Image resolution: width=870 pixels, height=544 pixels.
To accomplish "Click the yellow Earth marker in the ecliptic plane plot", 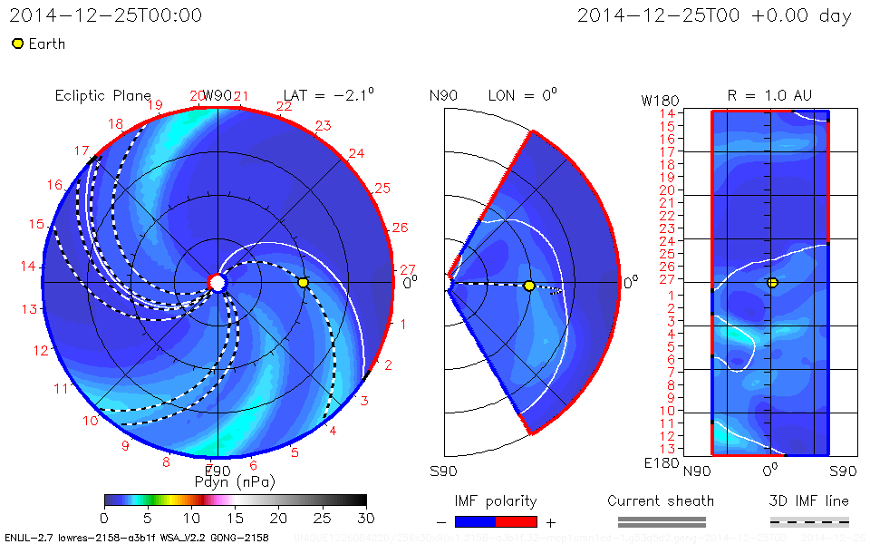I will point(304,283).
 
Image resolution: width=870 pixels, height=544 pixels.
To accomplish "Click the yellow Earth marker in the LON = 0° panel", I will point(529,287).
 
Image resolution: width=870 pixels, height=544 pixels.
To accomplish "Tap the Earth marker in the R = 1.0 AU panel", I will point(772,283).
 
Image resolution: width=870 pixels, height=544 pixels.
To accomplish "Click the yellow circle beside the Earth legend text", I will point(17,44).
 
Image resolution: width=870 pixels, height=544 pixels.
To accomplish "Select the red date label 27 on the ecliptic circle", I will point(408,269).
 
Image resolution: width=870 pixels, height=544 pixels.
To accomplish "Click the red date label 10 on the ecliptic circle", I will point(91,421).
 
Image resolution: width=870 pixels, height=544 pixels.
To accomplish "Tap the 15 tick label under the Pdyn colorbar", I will point(236,517).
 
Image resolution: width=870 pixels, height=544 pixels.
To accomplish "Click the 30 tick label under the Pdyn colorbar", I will point(366,517).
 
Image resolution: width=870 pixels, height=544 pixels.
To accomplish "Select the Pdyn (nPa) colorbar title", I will point(234,481).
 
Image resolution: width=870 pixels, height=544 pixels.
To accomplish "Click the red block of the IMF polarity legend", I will point(517,522).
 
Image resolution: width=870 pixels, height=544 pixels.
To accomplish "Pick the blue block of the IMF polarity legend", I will point(475,522).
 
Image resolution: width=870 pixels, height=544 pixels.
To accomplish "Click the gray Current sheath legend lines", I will point(662,522).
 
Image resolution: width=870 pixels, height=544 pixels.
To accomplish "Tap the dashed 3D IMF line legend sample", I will point(809,522).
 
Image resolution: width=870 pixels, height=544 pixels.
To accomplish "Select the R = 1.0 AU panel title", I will point(769,95).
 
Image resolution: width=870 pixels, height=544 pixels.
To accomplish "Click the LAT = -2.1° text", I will point(329,95).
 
